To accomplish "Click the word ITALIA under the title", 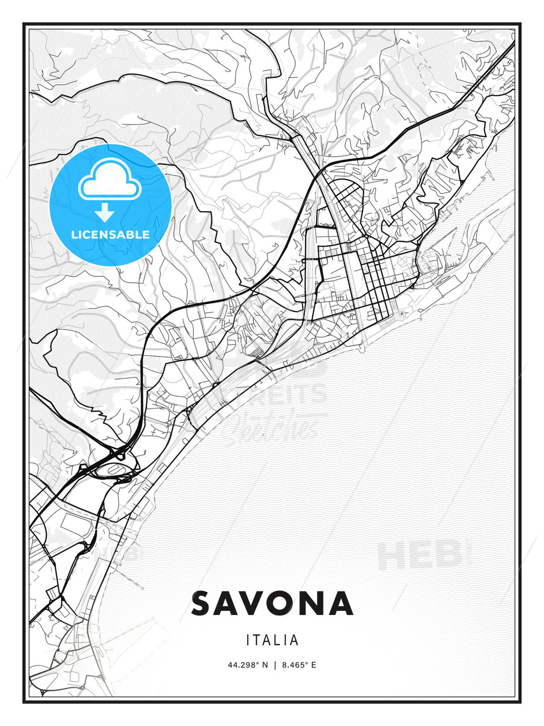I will [x=272, y=640].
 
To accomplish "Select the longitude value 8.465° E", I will [x=299, y=665].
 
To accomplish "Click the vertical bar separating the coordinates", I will [x=275, y=665].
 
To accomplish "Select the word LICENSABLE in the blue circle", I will [x=110, y=234].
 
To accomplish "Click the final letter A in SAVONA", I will [x=338, y=603].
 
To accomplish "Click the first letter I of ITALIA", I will [x=248, y=640].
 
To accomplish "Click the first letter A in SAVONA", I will [x=226, y=603].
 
